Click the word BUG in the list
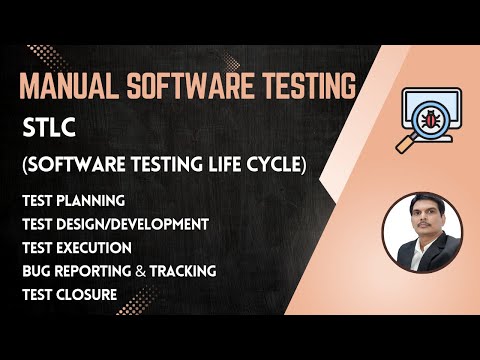pos(35,270)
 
